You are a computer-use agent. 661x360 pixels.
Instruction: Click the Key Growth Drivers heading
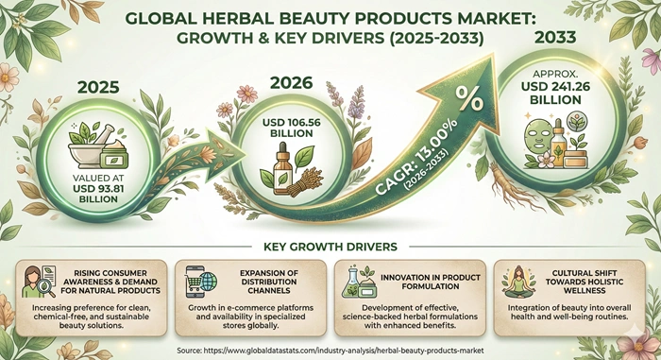click(330, 248)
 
